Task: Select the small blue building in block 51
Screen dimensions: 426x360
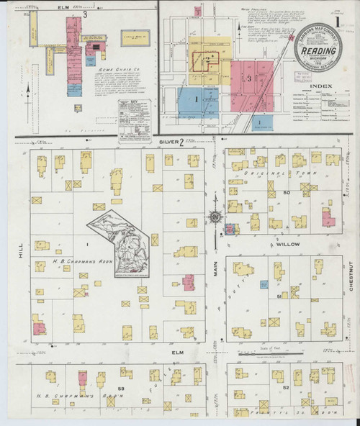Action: (x=264, y=285)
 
